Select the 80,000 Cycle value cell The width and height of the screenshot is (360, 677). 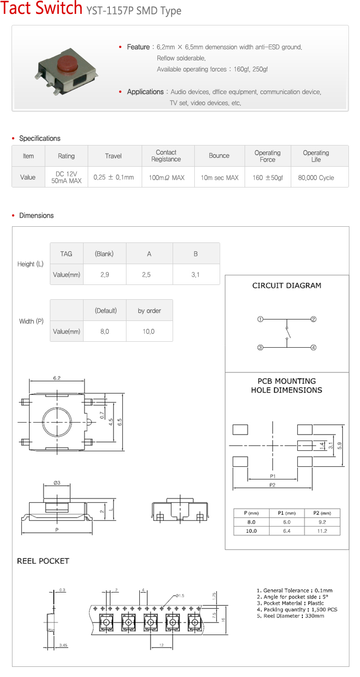[x=316, y=177]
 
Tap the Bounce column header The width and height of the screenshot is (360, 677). [x=219, y=156]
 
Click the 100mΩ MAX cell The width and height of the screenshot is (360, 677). [x=166, y=177]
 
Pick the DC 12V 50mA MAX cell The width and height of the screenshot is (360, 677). [x=66, y=177]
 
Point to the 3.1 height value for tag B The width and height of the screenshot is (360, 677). [x=196, y=275]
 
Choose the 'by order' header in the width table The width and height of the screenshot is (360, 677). [x=149, y=311]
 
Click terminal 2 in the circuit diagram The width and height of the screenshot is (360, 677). [x=313, y=319]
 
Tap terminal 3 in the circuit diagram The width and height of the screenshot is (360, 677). [x=260, y=348]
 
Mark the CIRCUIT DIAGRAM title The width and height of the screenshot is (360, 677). [x=287, y=285]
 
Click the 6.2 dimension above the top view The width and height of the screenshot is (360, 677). [x=57, y=378]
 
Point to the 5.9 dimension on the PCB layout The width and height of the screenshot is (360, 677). [x=340, y=446]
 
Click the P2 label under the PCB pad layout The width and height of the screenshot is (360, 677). [x=272, y=485]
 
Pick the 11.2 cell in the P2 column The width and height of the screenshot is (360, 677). [x=322, y=531]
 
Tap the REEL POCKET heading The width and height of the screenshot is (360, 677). [x=43, y=561]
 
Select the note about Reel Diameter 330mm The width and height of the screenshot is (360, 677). [x=290, y=616]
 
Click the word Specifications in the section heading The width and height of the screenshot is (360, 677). [x=40, y=139]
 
